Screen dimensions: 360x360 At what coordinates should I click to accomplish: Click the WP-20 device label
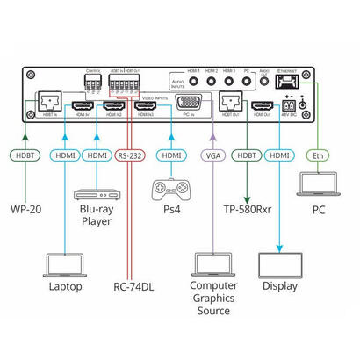[26, 210]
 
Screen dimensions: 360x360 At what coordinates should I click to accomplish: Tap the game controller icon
[169, 188]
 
